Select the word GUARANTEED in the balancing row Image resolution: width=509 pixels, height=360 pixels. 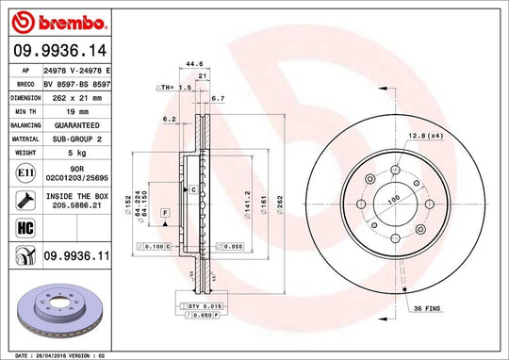[76, 123]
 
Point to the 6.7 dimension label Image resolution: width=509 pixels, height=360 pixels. [218, 98]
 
